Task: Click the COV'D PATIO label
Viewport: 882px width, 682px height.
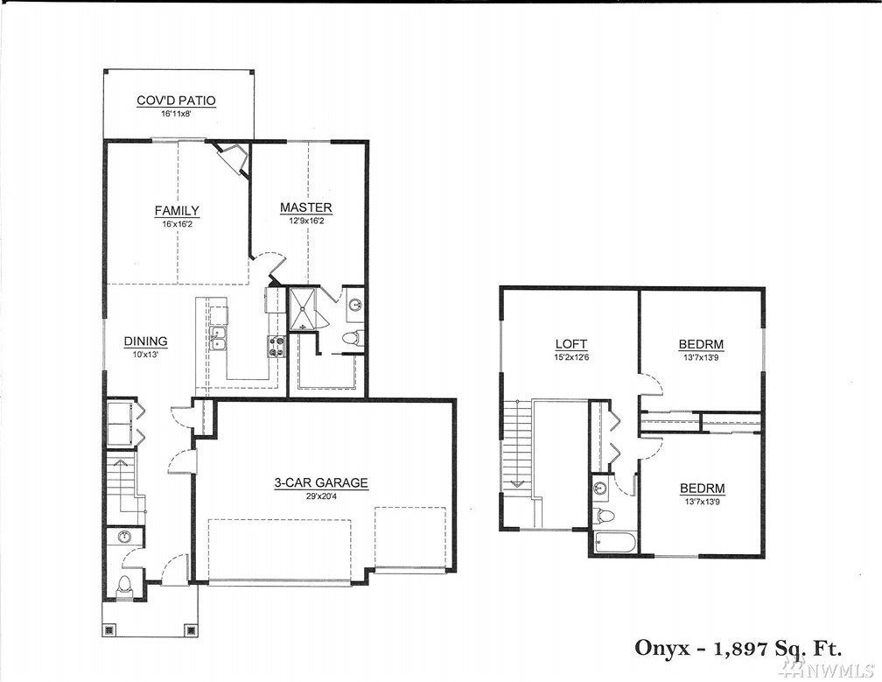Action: (176, 101)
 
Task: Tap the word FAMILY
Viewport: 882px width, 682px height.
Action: (177, 210)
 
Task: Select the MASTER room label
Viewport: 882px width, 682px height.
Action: (306, 207)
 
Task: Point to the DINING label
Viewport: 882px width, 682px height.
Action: (145, 341)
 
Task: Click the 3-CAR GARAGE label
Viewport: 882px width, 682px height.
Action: (321, 482)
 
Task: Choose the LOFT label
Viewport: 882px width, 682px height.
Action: (570, 344)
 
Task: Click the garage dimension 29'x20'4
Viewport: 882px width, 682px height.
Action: (321, 496)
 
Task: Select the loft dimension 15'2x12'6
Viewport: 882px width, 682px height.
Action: (570, 356)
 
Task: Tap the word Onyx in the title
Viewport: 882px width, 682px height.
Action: (661, 648)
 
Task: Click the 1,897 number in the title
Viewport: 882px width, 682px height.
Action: (741, 649)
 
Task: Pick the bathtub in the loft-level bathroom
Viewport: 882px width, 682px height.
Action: (615, 544)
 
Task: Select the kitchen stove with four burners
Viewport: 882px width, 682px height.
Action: (276, 346)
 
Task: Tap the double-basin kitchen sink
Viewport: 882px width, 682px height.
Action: (218, 338)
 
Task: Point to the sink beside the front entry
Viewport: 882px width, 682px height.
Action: (123, 537)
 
